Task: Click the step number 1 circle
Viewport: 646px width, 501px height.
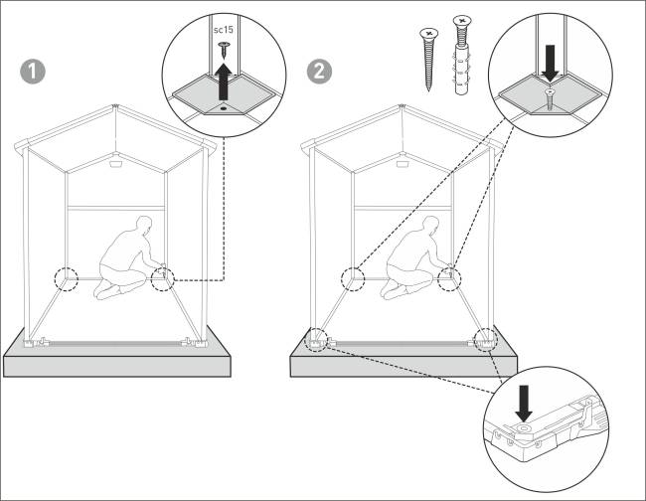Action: tap(33, 73)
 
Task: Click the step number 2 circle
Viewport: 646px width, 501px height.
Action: tap(319, 73)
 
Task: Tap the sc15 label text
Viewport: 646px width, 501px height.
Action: tap(224, 30)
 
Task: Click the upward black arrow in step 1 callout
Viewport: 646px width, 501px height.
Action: tap(224, 82)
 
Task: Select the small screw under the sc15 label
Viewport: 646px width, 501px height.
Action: tap(224, 50)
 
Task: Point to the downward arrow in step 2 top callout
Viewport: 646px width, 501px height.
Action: tap(550, 63)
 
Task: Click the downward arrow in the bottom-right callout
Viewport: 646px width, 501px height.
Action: tap(524, 404)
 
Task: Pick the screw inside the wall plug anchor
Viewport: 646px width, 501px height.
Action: tap(462, 56)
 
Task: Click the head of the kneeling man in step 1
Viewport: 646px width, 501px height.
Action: tap(144, 226)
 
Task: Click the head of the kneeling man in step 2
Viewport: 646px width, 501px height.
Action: tap(431, 226)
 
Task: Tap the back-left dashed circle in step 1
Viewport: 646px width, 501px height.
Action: tap(66, 279)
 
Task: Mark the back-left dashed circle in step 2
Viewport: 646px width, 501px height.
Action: tap(353, 279)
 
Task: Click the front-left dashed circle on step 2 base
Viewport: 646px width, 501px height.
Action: tap(316, 340)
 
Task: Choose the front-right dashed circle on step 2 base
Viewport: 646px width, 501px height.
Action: tap(486, 340)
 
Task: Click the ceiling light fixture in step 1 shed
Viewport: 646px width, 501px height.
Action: tap(115, 164)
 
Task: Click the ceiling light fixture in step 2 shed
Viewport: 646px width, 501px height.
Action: tap(402, 164)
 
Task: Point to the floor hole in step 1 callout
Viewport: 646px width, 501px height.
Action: tap(224, 108)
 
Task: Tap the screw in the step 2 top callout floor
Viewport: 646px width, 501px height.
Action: tap(550, 98)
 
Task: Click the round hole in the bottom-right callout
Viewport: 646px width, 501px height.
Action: tap(524, 428)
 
